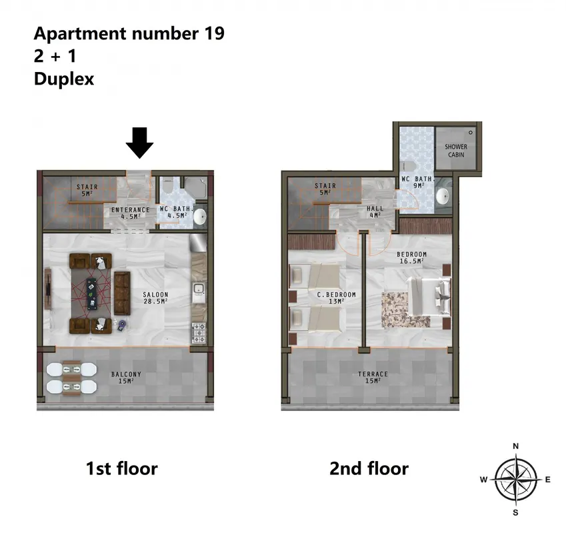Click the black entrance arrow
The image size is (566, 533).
[140, 143]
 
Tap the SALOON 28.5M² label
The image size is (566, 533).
[155, 298]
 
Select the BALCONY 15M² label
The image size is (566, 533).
[126, 377]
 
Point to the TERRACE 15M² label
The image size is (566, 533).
[373, 377]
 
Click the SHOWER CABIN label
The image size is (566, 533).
[456, 151]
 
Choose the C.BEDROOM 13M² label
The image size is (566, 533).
[337, 298]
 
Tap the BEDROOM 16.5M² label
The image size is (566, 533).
[411, 257]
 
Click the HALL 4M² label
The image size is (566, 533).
[375, 212]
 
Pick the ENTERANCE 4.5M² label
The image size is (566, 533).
[130, 213]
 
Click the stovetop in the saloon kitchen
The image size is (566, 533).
[199, 333]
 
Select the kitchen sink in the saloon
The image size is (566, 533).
[199, 293]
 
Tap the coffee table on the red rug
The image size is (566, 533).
[92, 294]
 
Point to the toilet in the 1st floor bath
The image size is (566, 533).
[167, 187]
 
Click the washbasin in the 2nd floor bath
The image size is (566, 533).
[442, 197]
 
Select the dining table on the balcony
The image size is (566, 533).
[71, 378]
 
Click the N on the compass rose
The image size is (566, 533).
[516, 446]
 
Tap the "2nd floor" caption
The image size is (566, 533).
[369, 468]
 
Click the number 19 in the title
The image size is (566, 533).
[215, 33]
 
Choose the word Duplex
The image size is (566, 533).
[64, 79]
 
